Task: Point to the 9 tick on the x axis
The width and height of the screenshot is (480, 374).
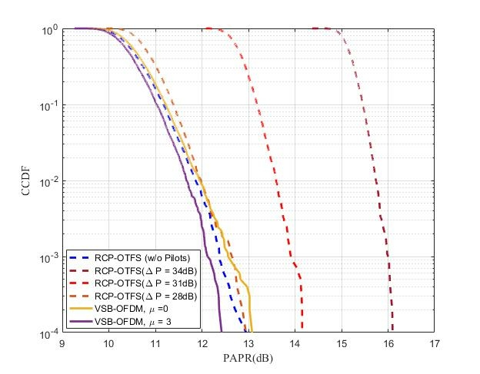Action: click(62, 343)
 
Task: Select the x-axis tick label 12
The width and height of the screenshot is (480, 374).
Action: click(202, 343)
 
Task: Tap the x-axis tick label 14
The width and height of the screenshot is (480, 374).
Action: click(295, 343)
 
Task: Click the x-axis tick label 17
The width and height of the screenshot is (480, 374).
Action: click(435, 343)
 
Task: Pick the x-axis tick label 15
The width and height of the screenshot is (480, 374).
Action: click(342, 343)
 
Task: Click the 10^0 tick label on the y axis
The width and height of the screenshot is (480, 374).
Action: click(49, 29)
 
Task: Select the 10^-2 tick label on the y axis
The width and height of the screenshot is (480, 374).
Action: click(49, 181)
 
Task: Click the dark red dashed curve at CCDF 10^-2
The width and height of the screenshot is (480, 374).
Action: click(378, 181)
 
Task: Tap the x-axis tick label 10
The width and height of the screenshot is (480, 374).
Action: click(108, 343)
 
